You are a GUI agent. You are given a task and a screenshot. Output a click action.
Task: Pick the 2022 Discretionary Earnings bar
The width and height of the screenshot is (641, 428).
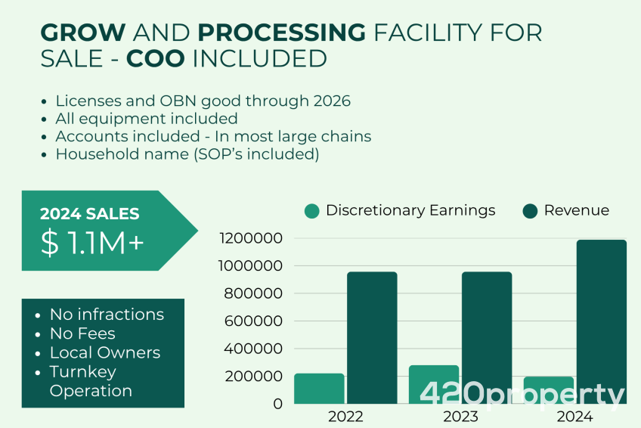tap(320, 389)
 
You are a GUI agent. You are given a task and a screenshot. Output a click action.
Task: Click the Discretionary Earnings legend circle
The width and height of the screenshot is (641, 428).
tap(311, 211)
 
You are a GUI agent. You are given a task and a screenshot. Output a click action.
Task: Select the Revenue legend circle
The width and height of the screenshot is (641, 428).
tap(530, 211)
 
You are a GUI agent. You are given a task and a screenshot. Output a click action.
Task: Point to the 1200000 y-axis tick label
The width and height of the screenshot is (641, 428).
tap(251, 239)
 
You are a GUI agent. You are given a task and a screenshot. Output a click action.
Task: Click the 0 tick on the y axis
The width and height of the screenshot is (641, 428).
tap(278, 404)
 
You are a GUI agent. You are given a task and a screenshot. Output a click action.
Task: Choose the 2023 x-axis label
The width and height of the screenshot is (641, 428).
tap(460, 417)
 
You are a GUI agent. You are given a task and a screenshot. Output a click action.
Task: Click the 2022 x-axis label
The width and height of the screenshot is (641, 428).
tap(346, 417)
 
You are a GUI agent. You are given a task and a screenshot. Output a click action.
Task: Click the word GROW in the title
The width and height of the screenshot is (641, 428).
tap(83, 33)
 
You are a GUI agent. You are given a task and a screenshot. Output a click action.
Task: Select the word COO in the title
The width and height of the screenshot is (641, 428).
tap(156, 58)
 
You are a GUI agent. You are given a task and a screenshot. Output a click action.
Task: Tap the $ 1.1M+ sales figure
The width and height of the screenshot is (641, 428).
tap(92, 243)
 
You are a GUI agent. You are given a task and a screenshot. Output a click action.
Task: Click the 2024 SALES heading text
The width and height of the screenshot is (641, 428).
tap(89, 215)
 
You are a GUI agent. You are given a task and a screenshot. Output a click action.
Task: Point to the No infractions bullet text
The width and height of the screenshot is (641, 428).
tap(107, 314)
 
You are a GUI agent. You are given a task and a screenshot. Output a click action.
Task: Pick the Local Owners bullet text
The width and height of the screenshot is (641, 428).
tap(105, 352)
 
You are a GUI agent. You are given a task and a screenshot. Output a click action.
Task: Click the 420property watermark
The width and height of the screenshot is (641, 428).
tap(522, 394)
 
